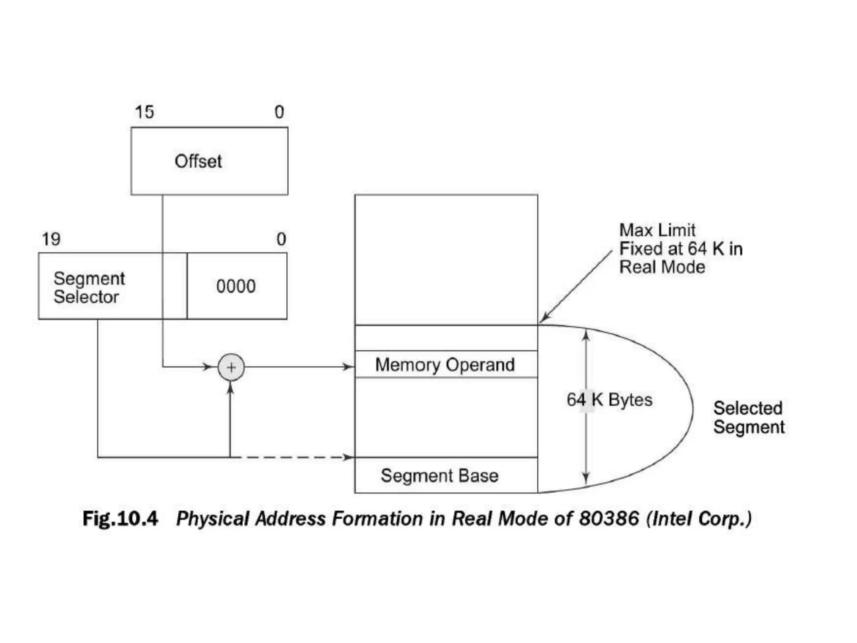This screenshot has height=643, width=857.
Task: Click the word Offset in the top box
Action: click(198, 161)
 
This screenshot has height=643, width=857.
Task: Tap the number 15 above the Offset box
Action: click(144, 112)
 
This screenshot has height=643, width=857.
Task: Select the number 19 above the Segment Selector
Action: click(51, 239)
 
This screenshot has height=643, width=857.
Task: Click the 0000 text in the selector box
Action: click(236, 287)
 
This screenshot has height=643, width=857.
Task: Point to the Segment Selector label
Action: click(89, 288)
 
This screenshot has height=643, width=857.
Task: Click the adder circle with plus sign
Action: click(231, 367)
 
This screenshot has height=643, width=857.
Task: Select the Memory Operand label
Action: click(445, 365)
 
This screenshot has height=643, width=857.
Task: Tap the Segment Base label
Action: click(439, 476)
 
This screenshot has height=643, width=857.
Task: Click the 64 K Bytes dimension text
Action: click(609, 400)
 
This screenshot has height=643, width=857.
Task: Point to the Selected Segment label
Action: click(749, 417)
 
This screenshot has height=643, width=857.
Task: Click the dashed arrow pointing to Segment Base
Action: click(293, 457)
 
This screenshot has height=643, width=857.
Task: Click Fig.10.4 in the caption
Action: click(120, 519)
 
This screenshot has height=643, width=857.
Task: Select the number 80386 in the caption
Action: click(609, 519)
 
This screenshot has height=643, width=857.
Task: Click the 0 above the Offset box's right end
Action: click(279, 112)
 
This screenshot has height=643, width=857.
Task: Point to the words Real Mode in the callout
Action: click(662, 267)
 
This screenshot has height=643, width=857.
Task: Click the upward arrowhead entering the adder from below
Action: click(230, 388)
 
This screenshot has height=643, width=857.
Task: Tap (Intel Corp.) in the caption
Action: click(699, 519)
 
